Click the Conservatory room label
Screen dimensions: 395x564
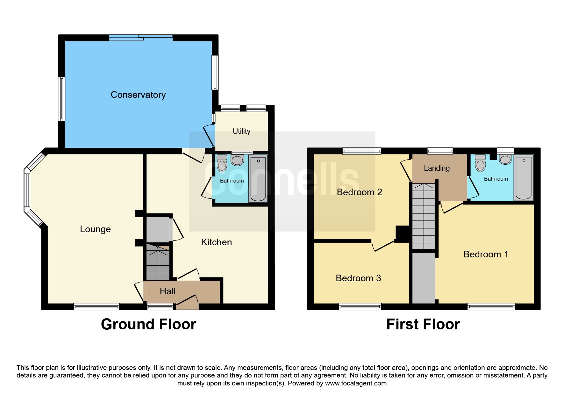point(138,95)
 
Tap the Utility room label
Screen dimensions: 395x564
point(241,131)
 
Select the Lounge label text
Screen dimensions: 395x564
point(95,229)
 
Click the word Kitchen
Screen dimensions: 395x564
point(216,242)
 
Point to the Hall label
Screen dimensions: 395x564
point(168,291)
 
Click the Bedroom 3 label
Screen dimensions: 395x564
point(358,278)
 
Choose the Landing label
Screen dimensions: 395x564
point(437,168)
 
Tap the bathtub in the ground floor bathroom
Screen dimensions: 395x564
point(258,179)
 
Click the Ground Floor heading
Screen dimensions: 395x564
point(148,324)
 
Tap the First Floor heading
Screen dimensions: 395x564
point(423,324)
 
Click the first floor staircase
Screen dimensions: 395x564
point(424,216)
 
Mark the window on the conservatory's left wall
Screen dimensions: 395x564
point(62,99)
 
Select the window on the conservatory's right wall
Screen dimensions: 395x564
point(215,73)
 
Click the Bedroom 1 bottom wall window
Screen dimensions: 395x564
point(491,307)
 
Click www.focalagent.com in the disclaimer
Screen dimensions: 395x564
point(356,383)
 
